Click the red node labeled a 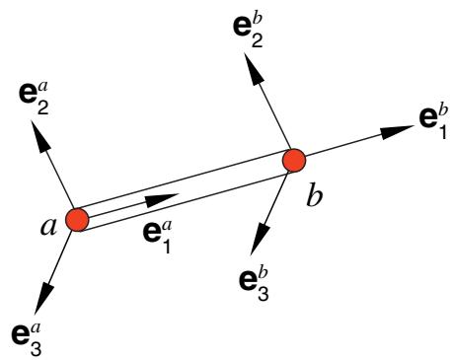[x=77, y=220]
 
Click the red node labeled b [x=294, y=160]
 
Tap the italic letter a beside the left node [x=48, y=228]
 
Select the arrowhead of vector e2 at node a [x=39, y=135]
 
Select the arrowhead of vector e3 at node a [x=43, y=297]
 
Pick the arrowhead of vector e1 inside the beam [x=162, y=200]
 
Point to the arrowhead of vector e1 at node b [x=397, y=131]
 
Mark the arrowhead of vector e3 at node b [x=260, y=239]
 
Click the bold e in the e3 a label [x=21, y=335]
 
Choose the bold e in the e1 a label [x=152, y=234]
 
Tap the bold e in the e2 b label [x=242, y=27]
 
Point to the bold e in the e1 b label [x=428, y=118]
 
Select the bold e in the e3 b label [x=248, y=281]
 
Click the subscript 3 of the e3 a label [x=36, y=348]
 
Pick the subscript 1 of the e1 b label [x=442, y=131]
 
